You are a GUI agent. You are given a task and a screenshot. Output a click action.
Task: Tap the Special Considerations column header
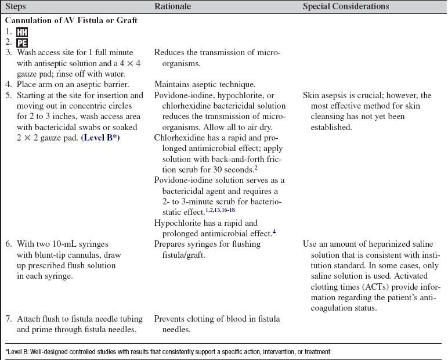[x=346, y=6]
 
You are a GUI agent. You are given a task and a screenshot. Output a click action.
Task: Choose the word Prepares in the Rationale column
[x=171, y=244]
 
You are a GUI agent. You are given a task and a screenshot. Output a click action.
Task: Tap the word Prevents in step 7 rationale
[x=170, y=319]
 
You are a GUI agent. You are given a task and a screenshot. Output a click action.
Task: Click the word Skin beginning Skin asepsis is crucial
[x=311, y=95]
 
